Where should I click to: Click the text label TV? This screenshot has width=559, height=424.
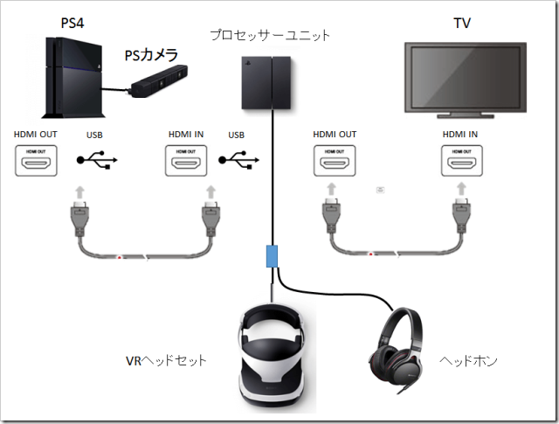coord(462,23)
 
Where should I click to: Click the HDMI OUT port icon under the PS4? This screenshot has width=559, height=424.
coord(36,161)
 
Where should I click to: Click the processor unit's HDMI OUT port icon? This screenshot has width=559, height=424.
coord(335,161)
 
